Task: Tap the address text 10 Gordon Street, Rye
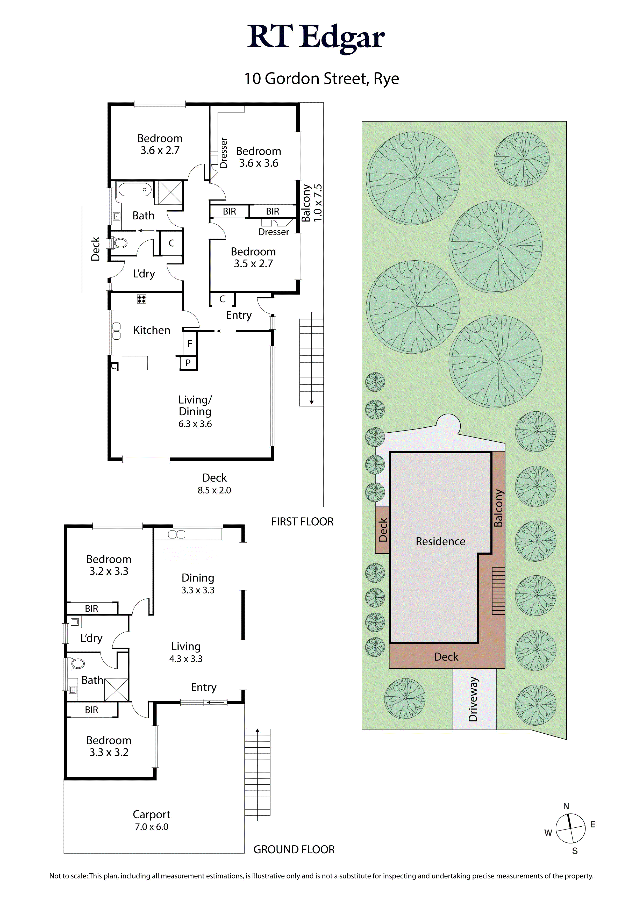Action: click(x=321, y=79)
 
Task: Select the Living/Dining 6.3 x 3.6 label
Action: click(x=195, y=411)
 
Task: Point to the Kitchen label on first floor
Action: click(x=152, y=330)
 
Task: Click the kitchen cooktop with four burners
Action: click(x=142, y=299)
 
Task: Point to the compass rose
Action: click(x=570, y=828)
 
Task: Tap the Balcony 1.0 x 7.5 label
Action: click(x=312, y=203)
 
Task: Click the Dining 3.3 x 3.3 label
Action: click(x=198, y=584)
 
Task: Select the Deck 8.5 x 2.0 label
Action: click(x=214, y=483)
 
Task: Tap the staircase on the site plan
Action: click(x=498, y=591)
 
